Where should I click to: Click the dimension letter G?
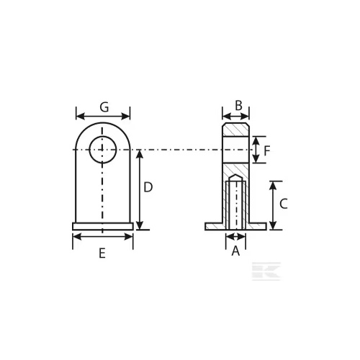[x=104, y=107]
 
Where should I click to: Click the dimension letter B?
[x=238, y=106]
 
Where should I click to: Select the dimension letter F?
[x=267, y=151]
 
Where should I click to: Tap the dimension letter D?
[x=148, y=187]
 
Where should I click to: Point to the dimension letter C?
[x=284, y=204]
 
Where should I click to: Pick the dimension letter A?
[x=235, y=251]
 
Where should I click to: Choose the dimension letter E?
[x=102, y=253]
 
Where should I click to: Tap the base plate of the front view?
[x=103, y=226]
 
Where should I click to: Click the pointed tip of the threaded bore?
[x=236, y=175]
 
